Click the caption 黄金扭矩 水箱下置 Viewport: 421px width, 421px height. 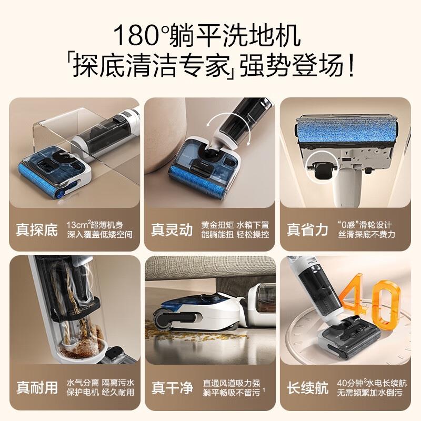[235, 224]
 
